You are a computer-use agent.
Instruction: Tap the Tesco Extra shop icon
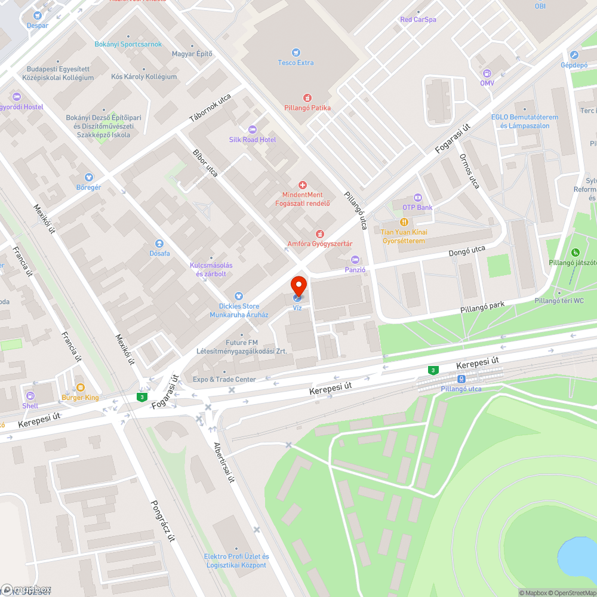point(296,53)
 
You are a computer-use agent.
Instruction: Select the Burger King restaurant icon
point(80,387)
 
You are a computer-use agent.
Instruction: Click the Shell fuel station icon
point(30,396)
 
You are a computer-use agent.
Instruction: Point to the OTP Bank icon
point(417,197)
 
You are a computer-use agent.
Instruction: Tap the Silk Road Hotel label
point(253,139)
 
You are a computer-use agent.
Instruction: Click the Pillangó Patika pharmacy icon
point(307,97)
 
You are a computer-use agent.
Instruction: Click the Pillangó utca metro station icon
point(461,379)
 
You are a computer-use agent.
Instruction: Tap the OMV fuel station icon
point(487,73)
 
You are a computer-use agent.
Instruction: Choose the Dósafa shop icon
point(159,243)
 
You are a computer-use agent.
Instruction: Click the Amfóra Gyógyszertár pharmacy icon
point(320,233)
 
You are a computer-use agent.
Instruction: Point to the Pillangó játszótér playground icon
point(575,253)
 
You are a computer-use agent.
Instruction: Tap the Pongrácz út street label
point(162,520)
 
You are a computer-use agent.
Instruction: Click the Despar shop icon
point(38,16)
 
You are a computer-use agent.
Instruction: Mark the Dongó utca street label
point(467,251)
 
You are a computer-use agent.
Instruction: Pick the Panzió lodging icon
point(355,260)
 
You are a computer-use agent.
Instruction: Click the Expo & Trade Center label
point(224,379)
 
